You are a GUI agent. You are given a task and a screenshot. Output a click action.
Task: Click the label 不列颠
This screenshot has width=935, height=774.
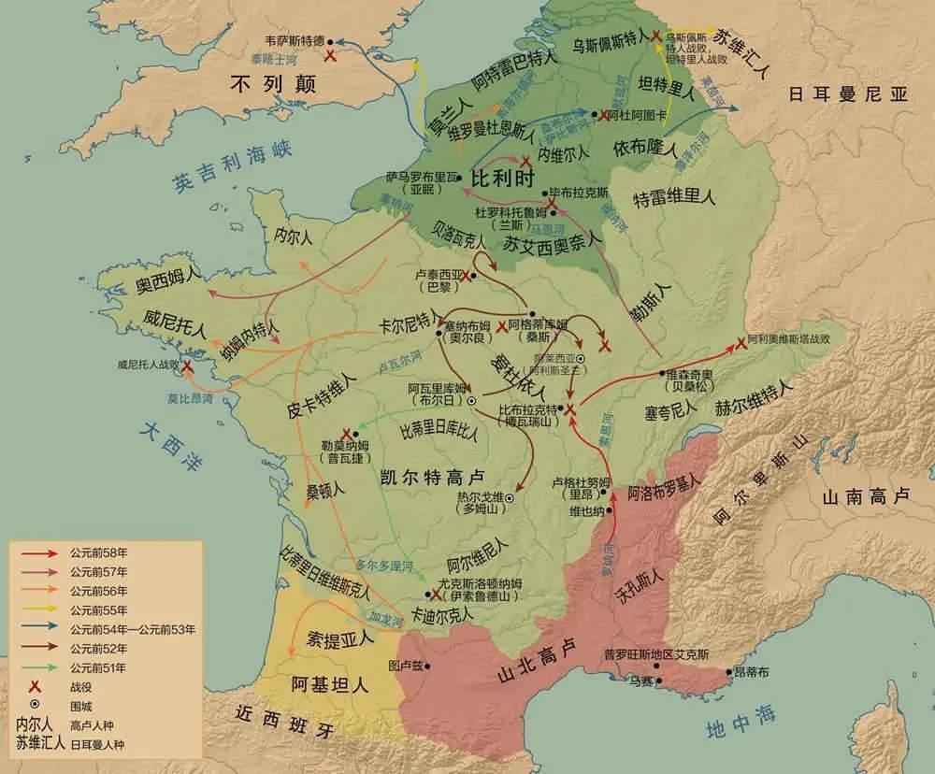(275, 83)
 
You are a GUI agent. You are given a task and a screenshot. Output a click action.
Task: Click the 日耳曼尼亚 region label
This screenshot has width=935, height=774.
(847, 93)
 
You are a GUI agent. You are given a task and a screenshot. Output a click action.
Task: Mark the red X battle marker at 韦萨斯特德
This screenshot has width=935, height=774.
(329, 56)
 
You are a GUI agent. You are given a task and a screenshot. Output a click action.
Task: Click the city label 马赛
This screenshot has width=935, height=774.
(640, 681)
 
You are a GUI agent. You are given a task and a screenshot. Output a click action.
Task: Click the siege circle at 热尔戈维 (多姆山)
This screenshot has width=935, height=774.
(510, 499)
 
